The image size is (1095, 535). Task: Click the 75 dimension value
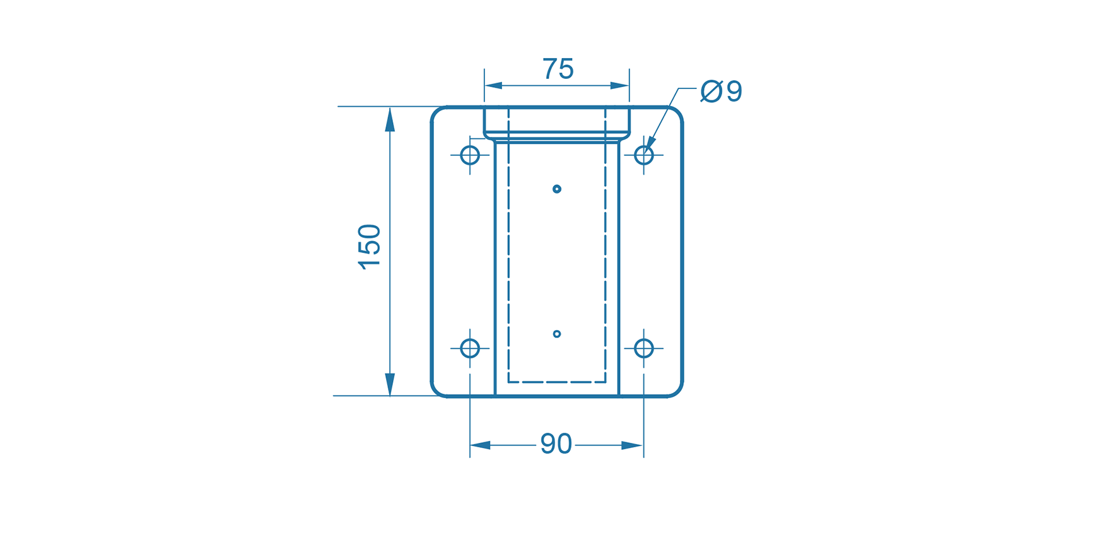(558, 69)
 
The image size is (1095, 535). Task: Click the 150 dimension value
(370, 247)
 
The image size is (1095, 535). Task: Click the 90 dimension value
(556, 444)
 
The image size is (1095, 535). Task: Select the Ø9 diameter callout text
(722, 91)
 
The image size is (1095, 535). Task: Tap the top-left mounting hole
(470, 155)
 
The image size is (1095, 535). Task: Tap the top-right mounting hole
(643, 155)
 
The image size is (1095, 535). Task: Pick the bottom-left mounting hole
(470, 348)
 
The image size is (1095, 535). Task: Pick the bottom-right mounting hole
(643, 348)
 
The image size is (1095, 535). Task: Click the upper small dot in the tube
(556, 189)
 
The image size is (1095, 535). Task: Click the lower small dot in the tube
(556, 334)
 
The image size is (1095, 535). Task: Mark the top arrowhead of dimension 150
(390, 119)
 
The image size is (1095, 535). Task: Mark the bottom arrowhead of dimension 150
(390, 384)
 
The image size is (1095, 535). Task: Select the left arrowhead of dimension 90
(480, 445)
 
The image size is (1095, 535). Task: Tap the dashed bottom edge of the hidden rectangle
(556, 382)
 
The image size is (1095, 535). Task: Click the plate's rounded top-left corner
(436, 112)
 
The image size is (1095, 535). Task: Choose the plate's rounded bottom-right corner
(677, 391)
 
